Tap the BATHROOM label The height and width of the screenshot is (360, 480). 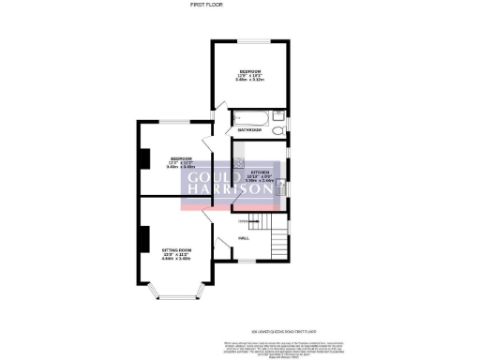click(248, 128)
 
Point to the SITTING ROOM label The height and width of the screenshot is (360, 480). click(176, 251)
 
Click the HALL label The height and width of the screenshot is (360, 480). click(243, 238)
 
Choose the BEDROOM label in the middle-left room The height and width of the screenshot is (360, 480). click(180, 159)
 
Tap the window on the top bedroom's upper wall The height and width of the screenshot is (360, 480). click(248, 40)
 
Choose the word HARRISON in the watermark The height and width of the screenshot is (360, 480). click(229, 189)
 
